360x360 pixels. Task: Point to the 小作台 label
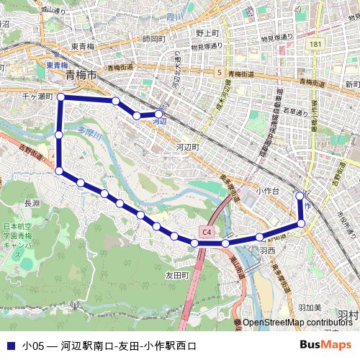[268, 191]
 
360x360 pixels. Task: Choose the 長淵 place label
[32, 203]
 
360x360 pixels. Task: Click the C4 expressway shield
[207, 232]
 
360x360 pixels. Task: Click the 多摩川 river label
[91, 132]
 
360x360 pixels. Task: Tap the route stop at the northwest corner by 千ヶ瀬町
[61, 96]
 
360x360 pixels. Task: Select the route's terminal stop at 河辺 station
[158, 114]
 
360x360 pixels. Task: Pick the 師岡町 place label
[154, 38]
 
